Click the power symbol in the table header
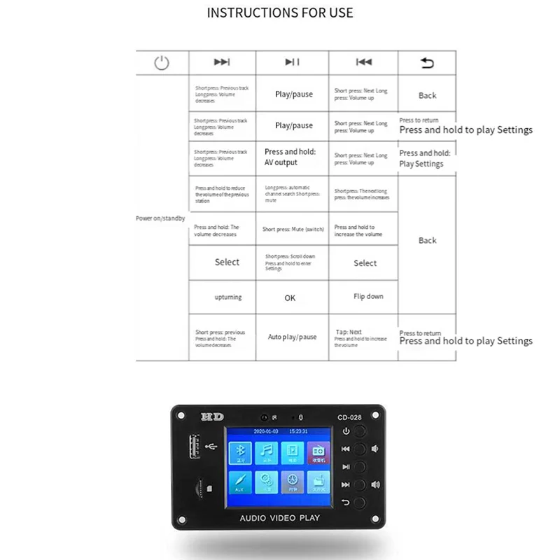(162, 63)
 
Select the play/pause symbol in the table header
(293, 63)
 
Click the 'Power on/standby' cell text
(160, 218)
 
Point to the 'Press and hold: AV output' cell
(290, 157)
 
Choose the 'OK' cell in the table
(290, 297)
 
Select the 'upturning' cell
(227, 297)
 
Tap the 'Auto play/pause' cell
(292, 337)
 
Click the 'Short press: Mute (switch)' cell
(293, 230)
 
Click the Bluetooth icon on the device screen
(242, 454)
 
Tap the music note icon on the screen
(267, 454)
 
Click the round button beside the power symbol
(360, 431)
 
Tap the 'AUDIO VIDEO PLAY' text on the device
(280, 518)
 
